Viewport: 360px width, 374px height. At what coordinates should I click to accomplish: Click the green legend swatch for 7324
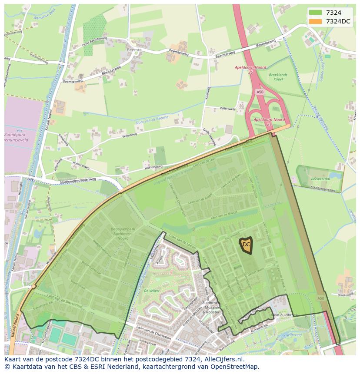[315, 13]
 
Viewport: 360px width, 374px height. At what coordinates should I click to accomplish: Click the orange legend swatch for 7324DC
[315, 21]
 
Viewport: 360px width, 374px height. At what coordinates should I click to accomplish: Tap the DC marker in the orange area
[247, 245]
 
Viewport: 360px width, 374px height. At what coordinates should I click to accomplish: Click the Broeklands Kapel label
[278, 77]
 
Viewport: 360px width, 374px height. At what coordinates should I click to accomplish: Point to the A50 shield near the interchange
[260, 92]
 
